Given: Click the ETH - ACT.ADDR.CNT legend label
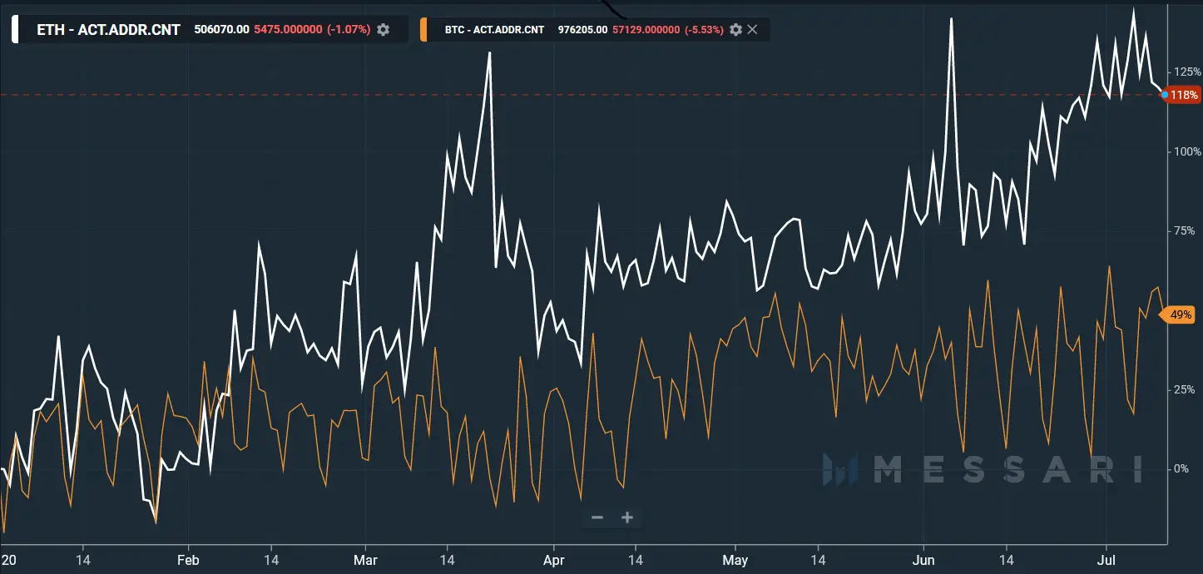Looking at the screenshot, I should pyautogui.click(x=109, y=29).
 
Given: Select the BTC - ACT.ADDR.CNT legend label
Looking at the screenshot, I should pyautogui.click(x=494, y=29).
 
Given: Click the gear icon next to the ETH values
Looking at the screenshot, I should pyautogui.click(x=383, y=29).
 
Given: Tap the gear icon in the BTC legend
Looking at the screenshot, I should pyautogui.click(x=735, y=29).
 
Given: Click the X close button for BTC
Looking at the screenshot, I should pyautogui.click(x=752, y=29).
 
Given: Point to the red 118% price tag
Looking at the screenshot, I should pyautogui.click(x=1183, y=95).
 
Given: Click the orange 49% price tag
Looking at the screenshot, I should pyautogui.click(x=1181, y=315).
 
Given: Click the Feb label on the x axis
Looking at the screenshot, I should pyautogui.click(x=189, y=561).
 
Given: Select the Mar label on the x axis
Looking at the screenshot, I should pyautogui.click(x=365, y=561).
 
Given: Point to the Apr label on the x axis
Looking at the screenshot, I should pyautogui.click(x=553, y=561).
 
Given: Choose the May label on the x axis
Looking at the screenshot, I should pyautogui.click(x=735, y=561).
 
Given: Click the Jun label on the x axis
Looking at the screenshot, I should pyautogui.click(x=923, y=561).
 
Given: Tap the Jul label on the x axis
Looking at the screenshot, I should pyautogui.click(x=1106, y=561).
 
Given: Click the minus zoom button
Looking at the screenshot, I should pyautogui.click(x=597, y=517).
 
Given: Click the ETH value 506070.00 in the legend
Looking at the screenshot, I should pyautogui.click(x=221, y=29).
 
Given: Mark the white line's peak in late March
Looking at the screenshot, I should pyautogui.click(x=489, y=52).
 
